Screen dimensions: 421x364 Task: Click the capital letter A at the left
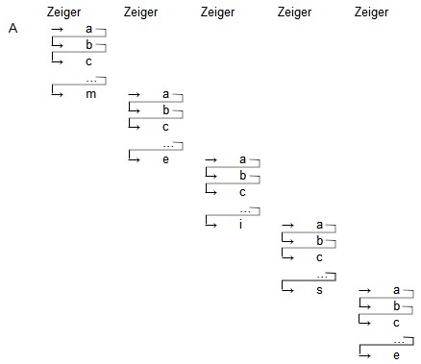click(12, 28)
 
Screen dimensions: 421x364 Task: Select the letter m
click(91, 94)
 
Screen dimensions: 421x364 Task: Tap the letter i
click(240, 224)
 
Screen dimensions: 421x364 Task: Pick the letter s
click(319, 290)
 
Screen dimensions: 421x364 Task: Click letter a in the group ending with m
click(89, 29)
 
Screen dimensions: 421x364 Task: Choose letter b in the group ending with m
click(89, 44)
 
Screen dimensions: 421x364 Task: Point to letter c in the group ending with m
click(88, 61)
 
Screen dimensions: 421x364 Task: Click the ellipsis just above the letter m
click(91, 81)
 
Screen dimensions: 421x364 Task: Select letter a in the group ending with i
click(242, 159)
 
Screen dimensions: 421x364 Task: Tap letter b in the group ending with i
click(243, 175)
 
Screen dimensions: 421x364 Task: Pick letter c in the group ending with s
click(319, 257)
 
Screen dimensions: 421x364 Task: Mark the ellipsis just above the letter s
click(322, 277)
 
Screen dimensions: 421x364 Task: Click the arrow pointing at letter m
click(58, 90)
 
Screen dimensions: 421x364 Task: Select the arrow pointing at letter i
click(211, 221)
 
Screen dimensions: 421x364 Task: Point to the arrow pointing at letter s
click(287, 286)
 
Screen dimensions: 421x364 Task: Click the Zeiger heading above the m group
click(63, 12)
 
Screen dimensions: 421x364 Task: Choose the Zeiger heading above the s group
click(294, 12)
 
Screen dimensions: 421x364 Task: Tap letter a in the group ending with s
click(319, 225)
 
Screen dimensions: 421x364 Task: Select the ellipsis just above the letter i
click(245, 211)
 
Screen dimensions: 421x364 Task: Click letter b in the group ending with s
click(320, 240)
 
